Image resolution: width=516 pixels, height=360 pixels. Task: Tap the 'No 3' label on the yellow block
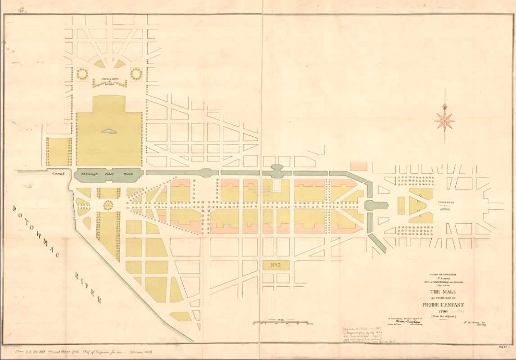click(x=273, y=265)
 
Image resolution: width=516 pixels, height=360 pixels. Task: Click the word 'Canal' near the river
click(x=59, y=173)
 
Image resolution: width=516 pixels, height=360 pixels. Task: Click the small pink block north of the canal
click(x=359, y=166)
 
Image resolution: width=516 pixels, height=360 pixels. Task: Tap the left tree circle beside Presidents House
click(x=83, y=74)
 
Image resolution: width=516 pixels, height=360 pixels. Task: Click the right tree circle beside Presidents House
click(x=136, y=73)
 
